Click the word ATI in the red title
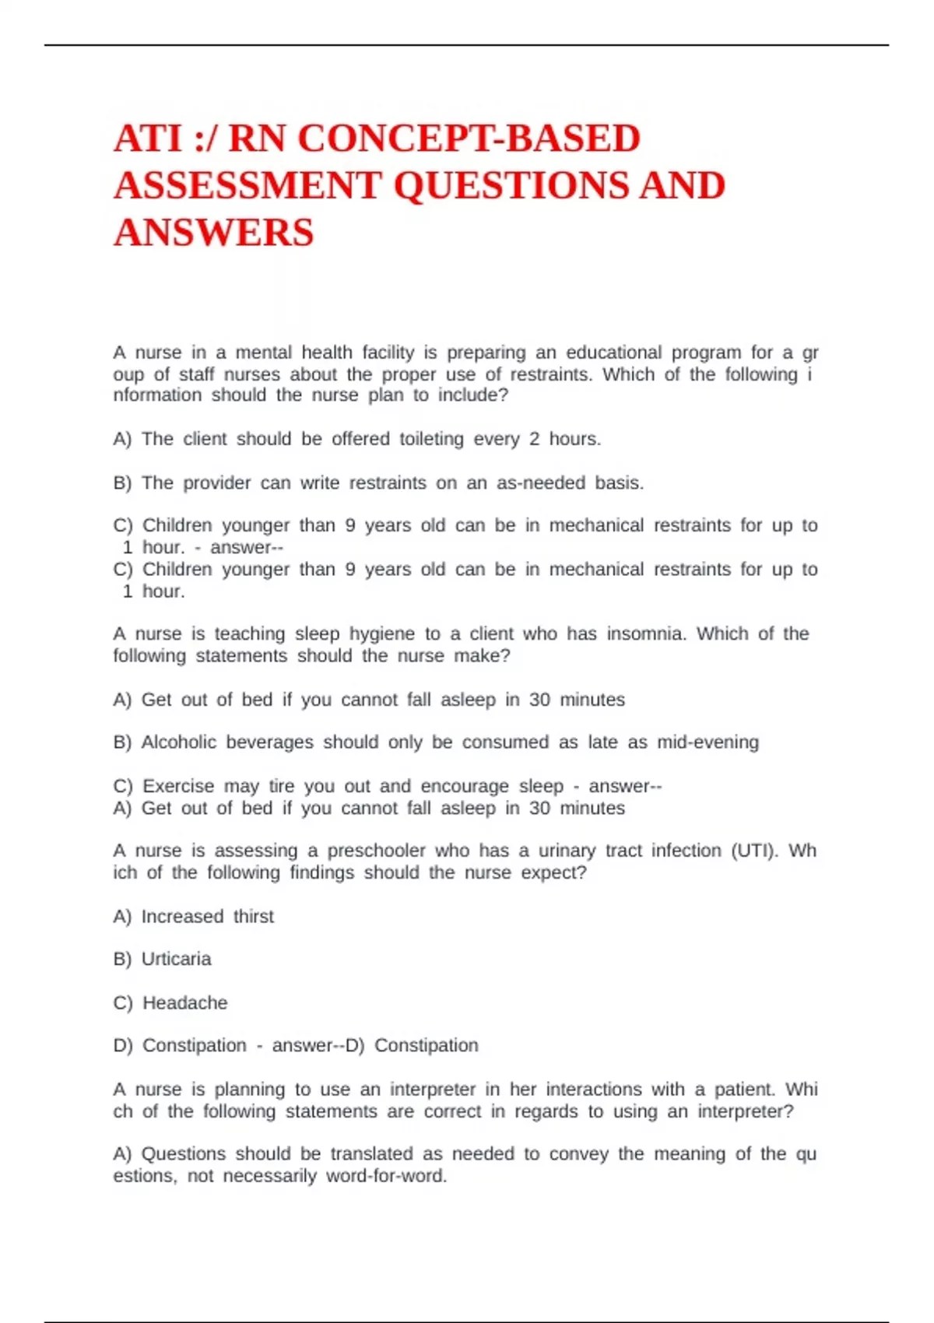[x=148, y=139]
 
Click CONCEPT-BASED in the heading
[x=469, y=139]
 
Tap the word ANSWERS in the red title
[x=213, y=233]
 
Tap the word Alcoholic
[x=179, y=742]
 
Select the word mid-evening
[x=708, y=742]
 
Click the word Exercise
[x=178, y=786]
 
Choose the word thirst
[x=254, y=917]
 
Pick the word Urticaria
[x=176, y=959]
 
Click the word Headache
[x=184, y=1003]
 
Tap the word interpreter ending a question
[x=745, y=1111]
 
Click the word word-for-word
[x=386, y=1176]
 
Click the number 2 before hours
[x=534, y=439]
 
